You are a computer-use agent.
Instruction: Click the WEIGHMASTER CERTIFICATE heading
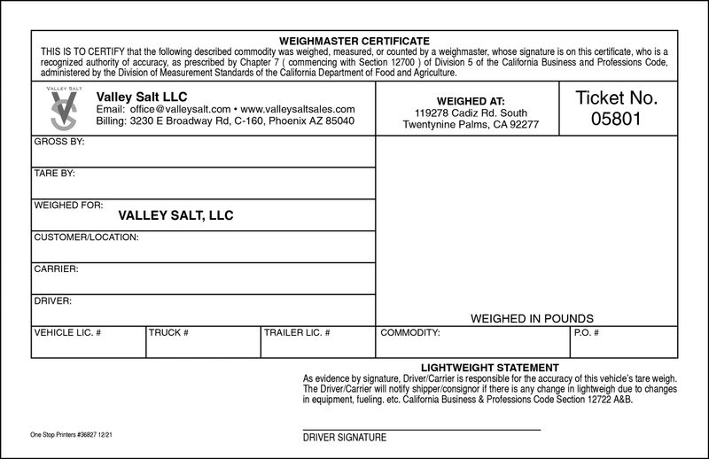(354, 42)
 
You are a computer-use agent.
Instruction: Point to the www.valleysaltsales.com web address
(298, 109)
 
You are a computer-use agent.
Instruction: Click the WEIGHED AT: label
(471, 102)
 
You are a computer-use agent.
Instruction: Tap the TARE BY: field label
(55, 173)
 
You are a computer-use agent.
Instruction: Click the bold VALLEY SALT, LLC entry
(175, 215)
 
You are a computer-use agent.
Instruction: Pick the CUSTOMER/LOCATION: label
(86, 237)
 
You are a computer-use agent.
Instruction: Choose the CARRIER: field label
(56, 268)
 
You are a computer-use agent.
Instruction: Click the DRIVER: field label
(53, 301)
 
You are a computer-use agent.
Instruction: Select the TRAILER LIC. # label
(298, 333)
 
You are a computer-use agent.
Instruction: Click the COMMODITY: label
(410, 333)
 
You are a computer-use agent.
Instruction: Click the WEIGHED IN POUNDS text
(532, 318)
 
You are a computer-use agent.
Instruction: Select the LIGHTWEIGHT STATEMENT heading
(489, 367)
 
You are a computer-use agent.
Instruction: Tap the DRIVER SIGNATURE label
(345, 438)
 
